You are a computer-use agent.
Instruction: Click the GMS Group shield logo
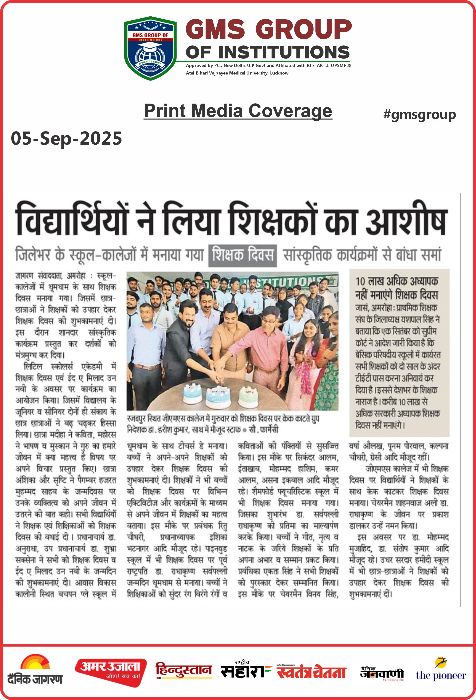point(150,48)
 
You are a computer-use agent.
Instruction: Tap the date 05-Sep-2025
point(66,139)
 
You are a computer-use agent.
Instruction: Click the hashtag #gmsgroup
point(419,115)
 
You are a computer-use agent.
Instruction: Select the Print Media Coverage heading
point(238,111)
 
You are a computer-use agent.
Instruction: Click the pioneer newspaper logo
point(441,671)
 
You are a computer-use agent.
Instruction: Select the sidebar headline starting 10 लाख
point(397,288)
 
